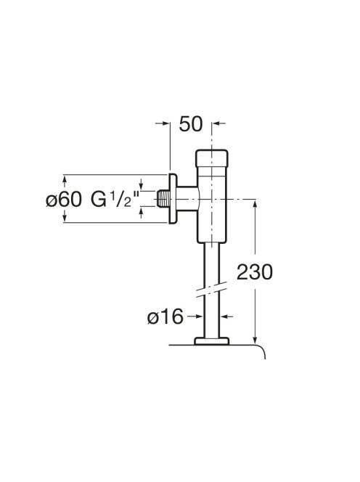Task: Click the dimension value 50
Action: pos(191,124)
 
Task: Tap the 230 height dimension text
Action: pos(255,272)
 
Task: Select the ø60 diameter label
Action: pos(64,200)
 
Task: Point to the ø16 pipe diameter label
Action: pos(165,316)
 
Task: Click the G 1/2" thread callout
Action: pos(115,199)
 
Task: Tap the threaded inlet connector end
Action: pos(163,199)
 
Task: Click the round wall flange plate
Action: pos(173,199)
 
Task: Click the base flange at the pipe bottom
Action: pos(212,341)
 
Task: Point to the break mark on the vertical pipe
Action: pos(211,289)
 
